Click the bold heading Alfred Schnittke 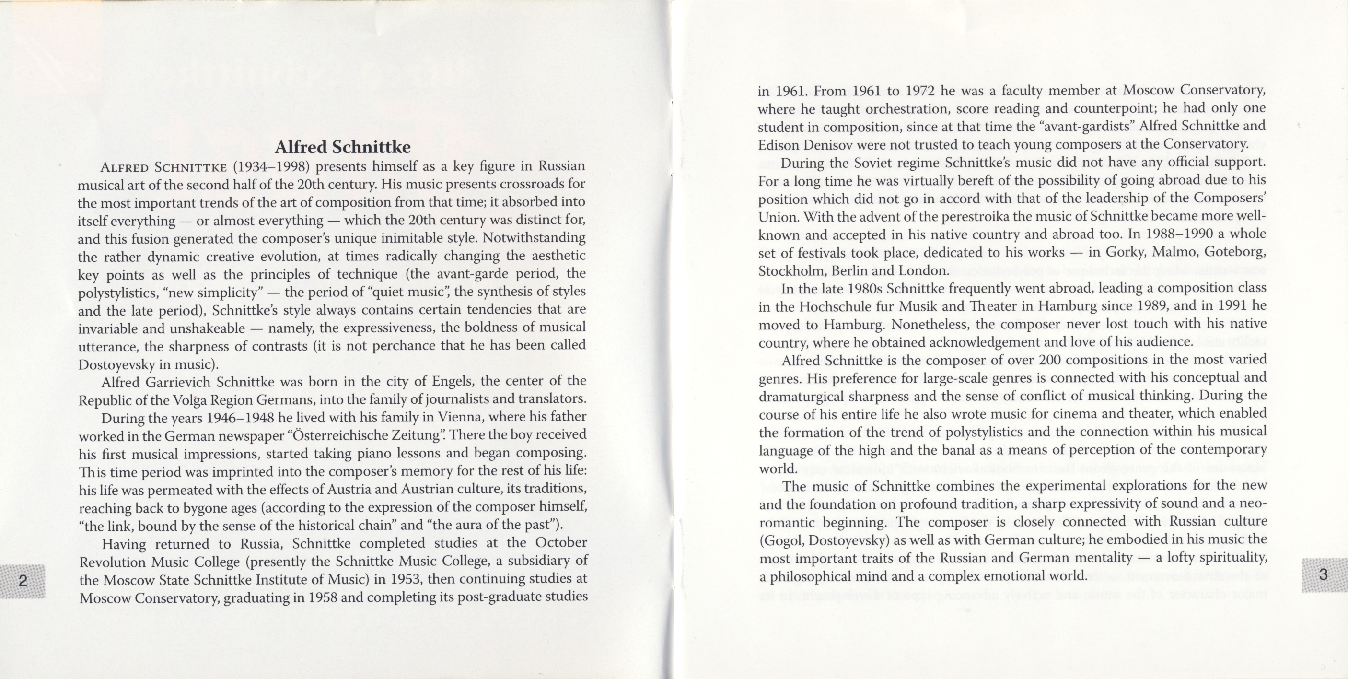[343, 147]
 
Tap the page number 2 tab [23, 581]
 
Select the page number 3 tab [1324, 575]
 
